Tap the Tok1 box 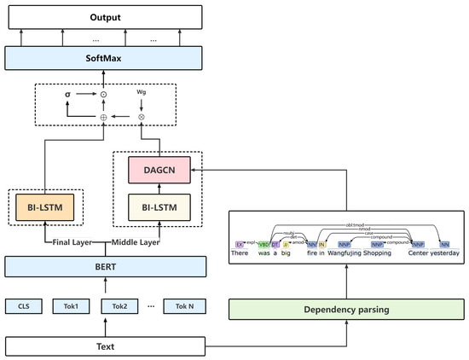click(72, 305)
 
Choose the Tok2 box click(119, 305)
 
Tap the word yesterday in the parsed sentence click(442, 253)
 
